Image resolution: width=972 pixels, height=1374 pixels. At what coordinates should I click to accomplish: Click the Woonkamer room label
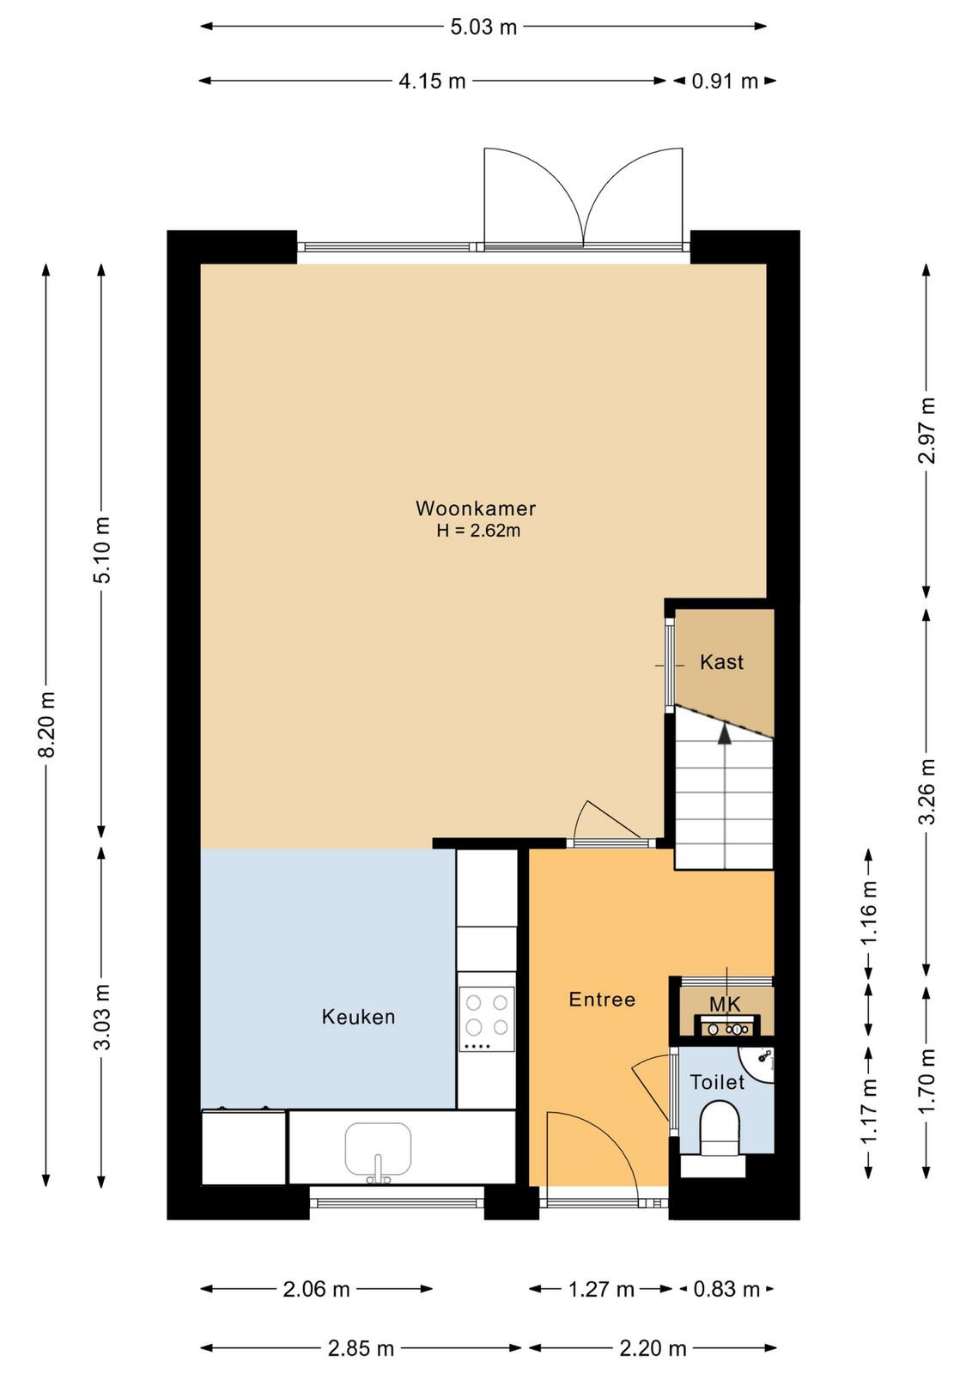pyautogui.click(x=476, y=508)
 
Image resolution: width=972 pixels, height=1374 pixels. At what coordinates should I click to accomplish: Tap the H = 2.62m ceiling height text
pyautogui.click(x=478, y=532)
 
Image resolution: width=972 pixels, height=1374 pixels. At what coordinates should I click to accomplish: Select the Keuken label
pyautogui.click(x=358, y=1017)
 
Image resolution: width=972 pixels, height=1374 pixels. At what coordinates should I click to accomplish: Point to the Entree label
pyautogui.click(x=602, y=1000)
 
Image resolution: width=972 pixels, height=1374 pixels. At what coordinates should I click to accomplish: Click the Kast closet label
pyautogui.click(x=721, y=662)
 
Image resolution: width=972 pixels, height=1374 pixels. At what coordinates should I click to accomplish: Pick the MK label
pyautogui.click(x=725, y=1004)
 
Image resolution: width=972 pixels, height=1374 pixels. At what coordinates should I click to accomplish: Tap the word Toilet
pyautogui.click(x=717, y=1082)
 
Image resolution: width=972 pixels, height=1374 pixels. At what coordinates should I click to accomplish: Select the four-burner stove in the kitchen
pyautogui.click(x=486, y=1018)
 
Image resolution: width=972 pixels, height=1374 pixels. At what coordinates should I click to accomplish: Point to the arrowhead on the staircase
pyautogui.click(x=725, y=734)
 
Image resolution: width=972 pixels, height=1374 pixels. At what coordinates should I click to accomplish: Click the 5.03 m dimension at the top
pyautogui.click(x=483, y=27)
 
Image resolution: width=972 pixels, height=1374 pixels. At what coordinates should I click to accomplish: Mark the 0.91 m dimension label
pyautogui.click(x=725, y=81)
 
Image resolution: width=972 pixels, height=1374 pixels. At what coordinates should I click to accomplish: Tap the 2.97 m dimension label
pyautogui.click(x=927, y=430)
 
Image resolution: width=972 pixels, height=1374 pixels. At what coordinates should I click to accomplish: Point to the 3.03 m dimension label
pyautogui.click(x=102, y=1017)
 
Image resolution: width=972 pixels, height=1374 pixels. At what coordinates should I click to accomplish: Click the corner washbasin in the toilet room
pyautogui.click(x=759, y=1064)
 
